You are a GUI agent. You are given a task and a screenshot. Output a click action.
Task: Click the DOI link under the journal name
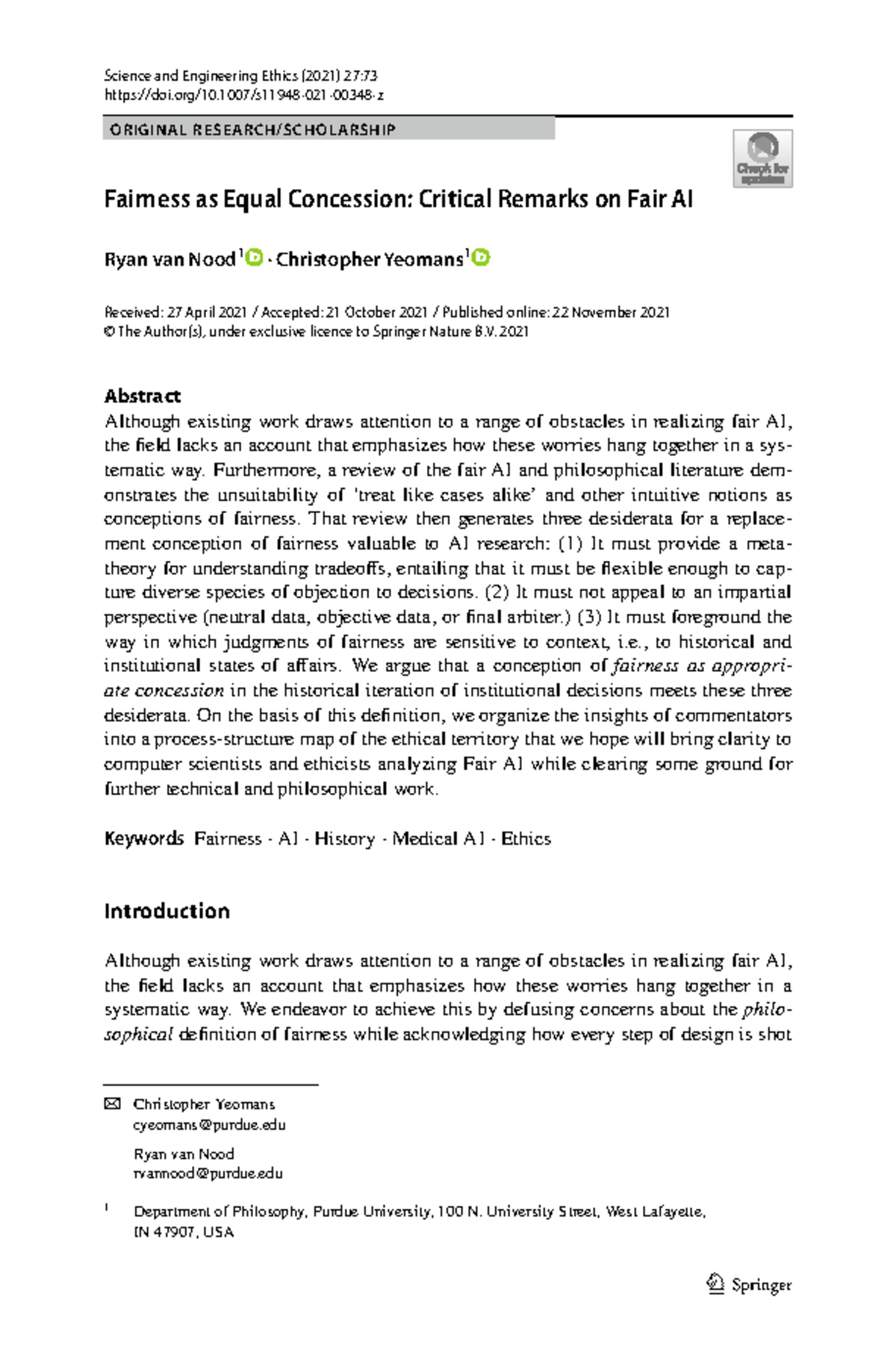pyautogui.click(x=243, y=95)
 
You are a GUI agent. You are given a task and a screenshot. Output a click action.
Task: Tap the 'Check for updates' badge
pyautogui.click(x=762, y=158)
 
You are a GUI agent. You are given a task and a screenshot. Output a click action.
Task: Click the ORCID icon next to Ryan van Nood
pyautogui.click(x=255, y=258)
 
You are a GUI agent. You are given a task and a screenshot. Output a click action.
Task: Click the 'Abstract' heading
pyautogui.click(x=142, y=396)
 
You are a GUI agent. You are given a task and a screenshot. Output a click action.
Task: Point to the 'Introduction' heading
pyautogui.click(x=167, y=911)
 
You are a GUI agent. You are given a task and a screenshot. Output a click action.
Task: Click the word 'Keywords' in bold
pyautogui.click(x=143, y=839)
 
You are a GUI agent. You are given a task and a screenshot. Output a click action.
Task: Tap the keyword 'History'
pyautogui.click(x=344, y=839)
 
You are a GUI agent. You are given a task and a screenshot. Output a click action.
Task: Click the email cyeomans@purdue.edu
pyautogui.click(x=209, y=1125)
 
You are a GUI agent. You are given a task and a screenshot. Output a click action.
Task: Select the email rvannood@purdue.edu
pyautogui.click(x=208, y=1173)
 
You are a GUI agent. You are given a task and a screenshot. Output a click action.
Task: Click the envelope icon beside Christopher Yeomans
pyautogui.click(x=111, y=1104)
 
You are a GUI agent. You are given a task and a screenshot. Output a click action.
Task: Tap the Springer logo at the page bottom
pyautogui.click(x=749, y=1284)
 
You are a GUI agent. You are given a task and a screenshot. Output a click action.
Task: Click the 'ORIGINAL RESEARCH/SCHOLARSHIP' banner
pyautogui.click(x=329, y=130)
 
